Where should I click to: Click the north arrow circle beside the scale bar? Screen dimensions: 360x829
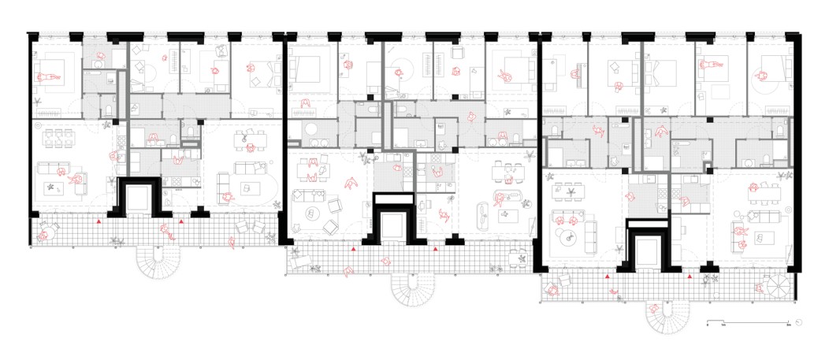[x=800, y=321]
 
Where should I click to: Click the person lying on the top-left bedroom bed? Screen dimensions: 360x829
[x=46, y=77]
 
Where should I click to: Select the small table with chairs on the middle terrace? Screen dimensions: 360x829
[x=517, y=258]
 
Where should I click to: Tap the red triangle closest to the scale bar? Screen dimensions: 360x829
[x=689, y=277]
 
